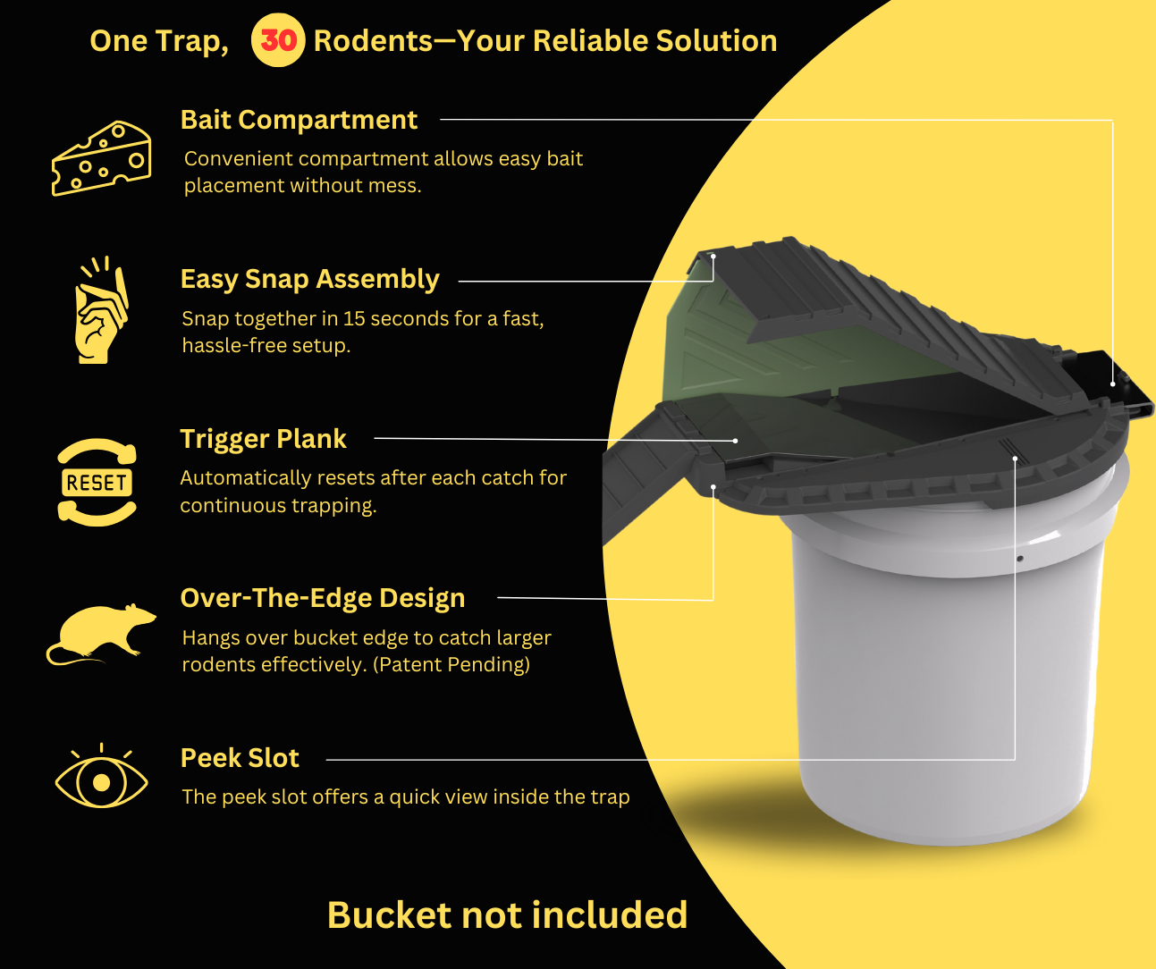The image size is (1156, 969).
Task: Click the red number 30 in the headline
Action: (x=278, y=40)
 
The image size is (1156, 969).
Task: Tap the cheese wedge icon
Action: (x=101, y=158)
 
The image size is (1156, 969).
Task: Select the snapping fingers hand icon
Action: (x=101, y=310)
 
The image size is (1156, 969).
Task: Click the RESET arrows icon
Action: (x=97, y=483)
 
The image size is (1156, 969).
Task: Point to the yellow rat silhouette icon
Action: (x=101, y=634)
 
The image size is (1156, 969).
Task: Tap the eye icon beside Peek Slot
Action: (x=101, y=776)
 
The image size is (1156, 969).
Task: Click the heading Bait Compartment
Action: (x=299, y=120)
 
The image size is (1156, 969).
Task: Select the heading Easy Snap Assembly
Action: (x=309, y=279)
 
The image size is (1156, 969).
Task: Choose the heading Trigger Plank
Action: (x=264, y=439)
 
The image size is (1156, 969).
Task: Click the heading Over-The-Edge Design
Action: (x=323, y=598)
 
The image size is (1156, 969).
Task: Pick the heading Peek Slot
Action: (x=240, y=757)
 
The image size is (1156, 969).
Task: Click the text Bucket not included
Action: (x=507, y=914)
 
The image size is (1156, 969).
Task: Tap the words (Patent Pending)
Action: (x=451, y=664)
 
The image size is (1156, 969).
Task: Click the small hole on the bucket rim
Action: (x=1020, y=559)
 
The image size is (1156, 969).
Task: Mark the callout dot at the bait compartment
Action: (x=1113, y=383)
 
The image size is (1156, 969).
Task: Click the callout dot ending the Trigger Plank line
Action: (x=735, y=441)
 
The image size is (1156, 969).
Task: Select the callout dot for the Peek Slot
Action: (x=1015, y=459)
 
